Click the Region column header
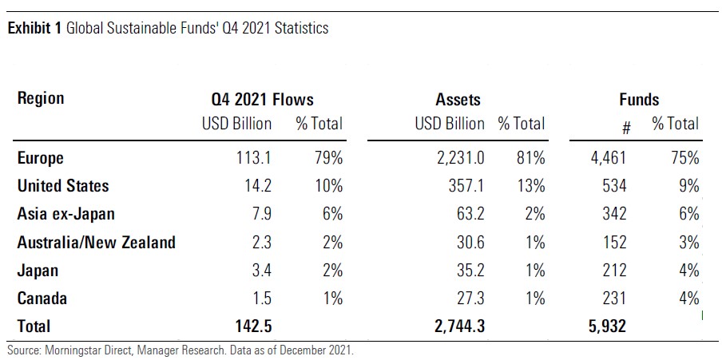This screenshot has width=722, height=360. [x=41, y=99]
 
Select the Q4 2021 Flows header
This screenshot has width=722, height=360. [x=257, y=100]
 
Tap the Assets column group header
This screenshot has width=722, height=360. [x=458, y=100]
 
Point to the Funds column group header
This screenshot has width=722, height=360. [x=639, y=100]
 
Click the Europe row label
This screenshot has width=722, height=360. [x=41, y=158]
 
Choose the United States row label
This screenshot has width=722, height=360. [x=63, y=186]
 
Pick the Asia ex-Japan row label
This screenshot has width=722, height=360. [x=65, y=214]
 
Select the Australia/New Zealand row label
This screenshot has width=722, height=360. [x=96, y=242]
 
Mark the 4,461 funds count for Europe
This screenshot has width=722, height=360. [x=607, y=158]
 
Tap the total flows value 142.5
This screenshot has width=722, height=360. [x=252, y=326]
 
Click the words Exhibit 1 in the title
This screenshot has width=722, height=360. [x=34, y=29]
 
